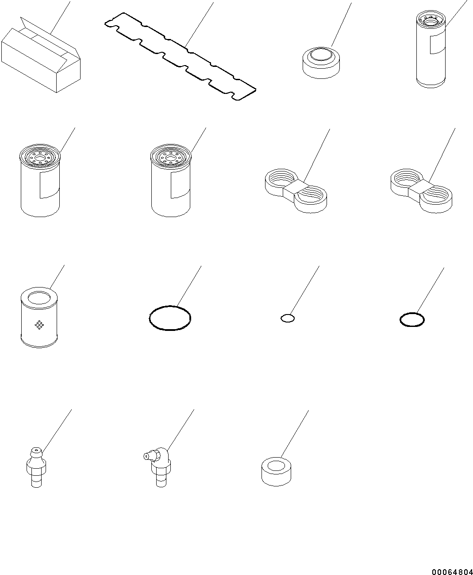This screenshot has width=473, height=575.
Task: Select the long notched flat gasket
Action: click(x=180, y=56)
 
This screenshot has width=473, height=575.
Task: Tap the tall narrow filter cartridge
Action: click(x=431, y=50)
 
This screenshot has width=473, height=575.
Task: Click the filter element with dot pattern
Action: click(x=39, y=318)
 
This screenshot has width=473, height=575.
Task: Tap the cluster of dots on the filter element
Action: click(x=39, y=325)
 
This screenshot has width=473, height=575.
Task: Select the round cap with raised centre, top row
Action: click(x=321, y=62)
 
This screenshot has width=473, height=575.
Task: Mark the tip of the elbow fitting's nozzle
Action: click(x=145, y=457)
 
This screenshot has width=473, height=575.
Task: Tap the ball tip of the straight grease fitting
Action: click(x=36, y=451)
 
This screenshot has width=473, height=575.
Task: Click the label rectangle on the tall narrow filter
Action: click(x=438, y=44)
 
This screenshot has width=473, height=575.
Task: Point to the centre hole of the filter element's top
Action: click(x=39, y=298)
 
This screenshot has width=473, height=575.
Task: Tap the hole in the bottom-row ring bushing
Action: click(x=276, y=466)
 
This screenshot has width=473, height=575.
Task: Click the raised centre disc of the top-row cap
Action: click(x=321, y=54)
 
